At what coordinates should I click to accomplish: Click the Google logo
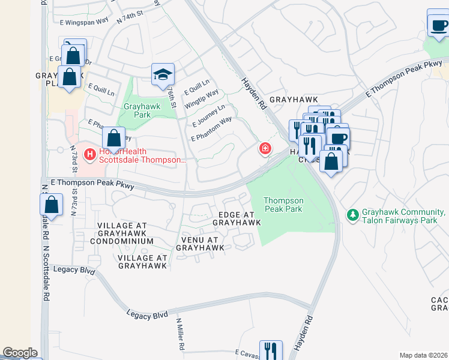(x=20, y=353)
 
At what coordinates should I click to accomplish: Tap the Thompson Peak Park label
(x=284, y=205)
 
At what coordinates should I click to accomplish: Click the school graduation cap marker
(x=163, y=74)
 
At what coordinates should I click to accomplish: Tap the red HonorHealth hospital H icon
(x=90, y=155)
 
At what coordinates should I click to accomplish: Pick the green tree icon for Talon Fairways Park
(x=353, y=214)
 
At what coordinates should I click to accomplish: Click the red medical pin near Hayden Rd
(x=264, y=148)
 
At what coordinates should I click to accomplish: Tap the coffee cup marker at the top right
(x=438, y=25)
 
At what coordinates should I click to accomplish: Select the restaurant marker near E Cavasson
(x=270, y=350)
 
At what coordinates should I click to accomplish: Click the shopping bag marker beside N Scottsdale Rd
(x=52, y=205)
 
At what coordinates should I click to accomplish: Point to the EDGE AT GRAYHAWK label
(x=237, y=218)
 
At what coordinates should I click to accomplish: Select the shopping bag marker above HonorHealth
(x=113, y=139)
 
